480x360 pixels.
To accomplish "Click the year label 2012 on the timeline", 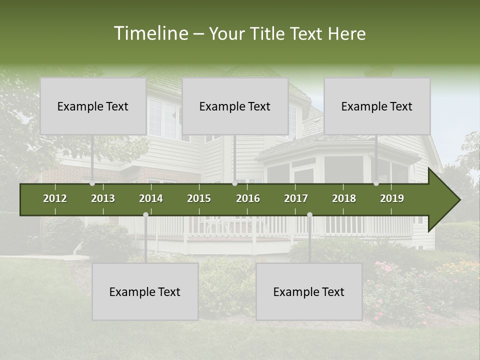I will [55, 198].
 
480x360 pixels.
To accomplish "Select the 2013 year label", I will [103, 198].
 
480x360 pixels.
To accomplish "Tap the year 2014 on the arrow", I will [151, 198].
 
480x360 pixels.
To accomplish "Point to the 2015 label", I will [199, 198].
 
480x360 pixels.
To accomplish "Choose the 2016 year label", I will [248, 198].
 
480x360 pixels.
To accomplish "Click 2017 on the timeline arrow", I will [296, 198].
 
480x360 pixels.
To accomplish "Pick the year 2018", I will [344, 198].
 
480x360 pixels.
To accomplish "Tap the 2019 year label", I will [392, 198].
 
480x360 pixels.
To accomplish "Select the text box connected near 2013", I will [93, 106].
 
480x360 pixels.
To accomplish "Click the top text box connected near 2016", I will [235, 106].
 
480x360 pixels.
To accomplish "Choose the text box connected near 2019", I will [377, 106].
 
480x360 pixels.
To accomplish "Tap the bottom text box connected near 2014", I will [145, 291].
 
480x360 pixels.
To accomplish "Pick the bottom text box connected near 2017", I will [309, 291].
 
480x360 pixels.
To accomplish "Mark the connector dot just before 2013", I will [92, 183].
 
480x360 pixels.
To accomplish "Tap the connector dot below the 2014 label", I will [145, 214].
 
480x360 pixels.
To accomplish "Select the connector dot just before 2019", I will [376, 183].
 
